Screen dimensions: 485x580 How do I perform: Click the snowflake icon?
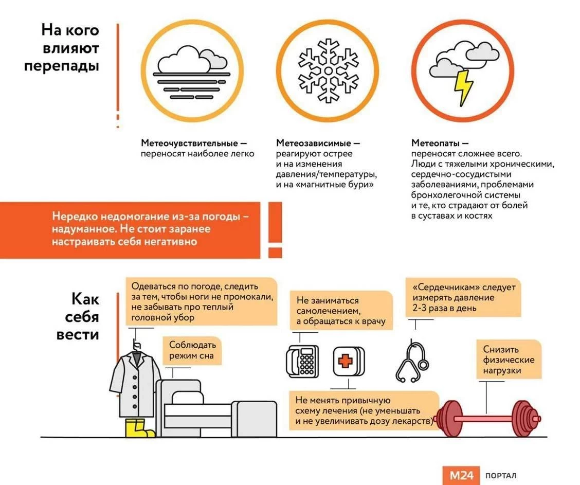[x=327, y=70]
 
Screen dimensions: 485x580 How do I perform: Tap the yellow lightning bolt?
[x=463, y=87]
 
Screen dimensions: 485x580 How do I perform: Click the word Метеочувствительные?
[x=187, y=142]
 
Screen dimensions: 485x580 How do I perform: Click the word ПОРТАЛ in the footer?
[x=500, y=476]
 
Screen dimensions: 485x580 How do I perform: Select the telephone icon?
[x=302, y=361]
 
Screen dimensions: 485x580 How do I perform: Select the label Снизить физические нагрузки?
[x=509, y=360]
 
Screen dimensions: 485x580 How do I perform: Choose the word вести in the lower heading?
[x=78, y=334]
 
